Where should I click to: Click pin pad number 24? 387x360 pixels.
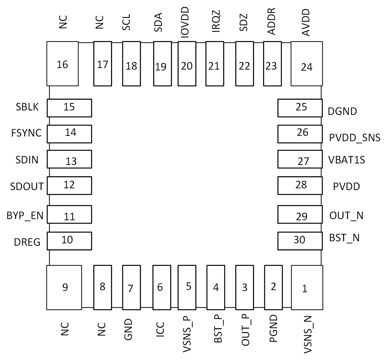(x=307, y=64)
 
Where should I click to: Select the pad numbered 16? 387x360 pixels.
(x=63, y=64)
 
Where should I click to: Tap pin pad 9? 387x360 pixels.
(x=64, y=287)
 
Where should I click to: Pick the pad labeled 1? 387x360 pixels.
(x=307, y=287)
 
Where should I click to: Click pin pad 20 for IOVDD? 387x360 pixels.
(x=187, y=64)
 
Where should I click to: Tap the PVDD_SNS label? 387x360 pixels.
(x=355, y=137)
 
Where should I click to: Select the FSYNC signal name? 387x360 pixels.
(x=26, y=133)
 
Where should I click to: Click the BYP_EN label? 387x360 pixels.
(x=25, y=216)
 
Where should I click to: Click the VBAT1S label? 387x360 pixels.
(x=346, y=160)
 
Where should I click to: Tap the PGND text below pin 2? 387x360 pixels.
(x=274, y=329)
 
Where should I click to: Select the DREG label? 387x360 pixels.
(x=27, y=242)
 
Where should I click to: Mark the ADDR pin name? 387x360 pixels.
(x=271, y=22)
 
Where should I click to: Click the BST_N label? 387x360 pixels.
(x=344, y=238)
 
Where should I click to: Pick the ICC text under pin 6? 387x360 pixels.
(x=160, y=330)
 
